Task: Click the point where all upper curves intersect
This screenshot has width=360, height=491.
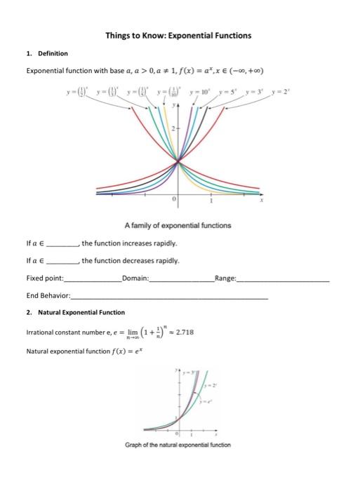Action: (178, 163)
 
